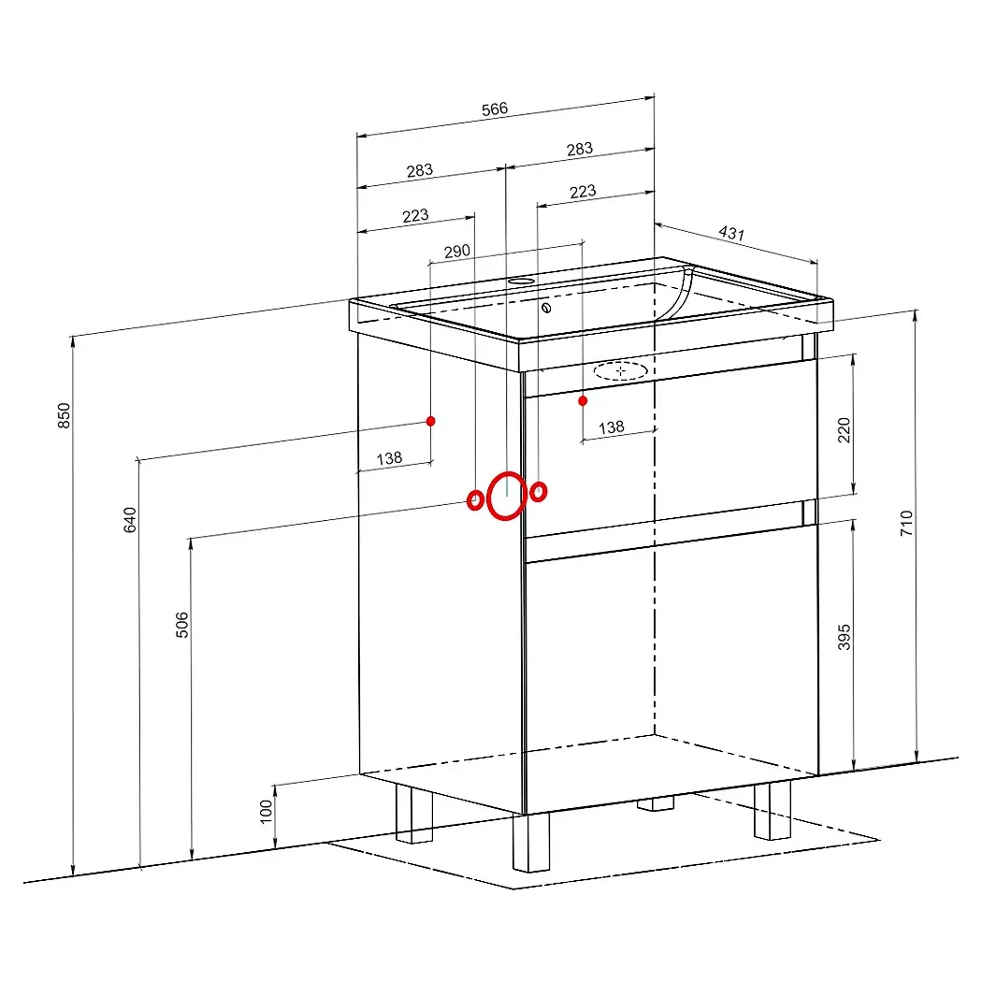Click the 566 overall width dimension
tap(494, 109)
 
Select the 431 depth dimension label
tap(731, 233)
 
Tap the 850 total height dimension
tap(64, 415)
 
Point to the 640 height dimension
tap(130, 520)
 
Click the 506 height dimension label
tap(181, 625)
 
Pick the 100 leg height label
tap(267, 812)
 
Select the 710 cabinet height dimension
tap(906, 523)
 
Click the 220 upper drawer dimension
tap(845, 430)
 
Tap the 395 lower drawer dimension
tap(845, 637)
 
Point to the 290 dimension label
tap(456, 252)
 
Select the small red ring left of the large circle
tap(475, 499)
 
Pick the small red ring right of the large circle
tap(538, 492)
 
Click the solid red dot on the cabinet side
tap(431, 421)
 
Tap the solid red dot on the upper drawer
tap(583, 400)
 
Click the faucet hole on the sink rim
tap(520, 282)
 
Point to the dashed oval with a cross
tap(620, 370)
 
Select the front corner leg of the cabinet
tap(530, 843)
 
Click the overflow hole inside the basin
tap(546, 308)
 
